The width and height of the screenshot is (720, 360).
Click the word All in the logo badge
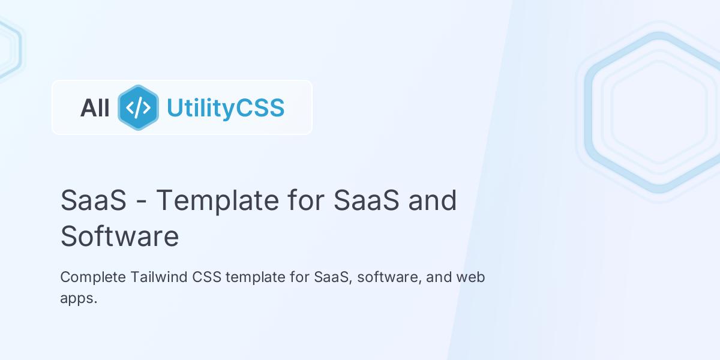[x=95, y=108]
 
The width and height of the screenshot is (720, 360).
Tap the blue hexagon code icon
[x=138, y=107]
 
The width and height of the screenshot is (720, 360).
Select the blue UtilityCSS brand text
[x=225, y=108]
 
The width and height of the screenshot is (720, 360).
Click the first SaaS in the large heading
[x=93, y=200]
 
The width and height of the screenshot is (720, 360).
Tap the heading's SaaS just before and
[x=366, y=200]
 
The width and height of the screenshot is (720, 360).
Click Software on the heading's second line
[x=119, y=236]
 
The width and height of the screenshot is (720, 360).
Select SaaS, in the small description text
[x=332, y=277]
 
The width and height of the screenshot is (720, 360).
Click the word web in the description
[x=470, y=277]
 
